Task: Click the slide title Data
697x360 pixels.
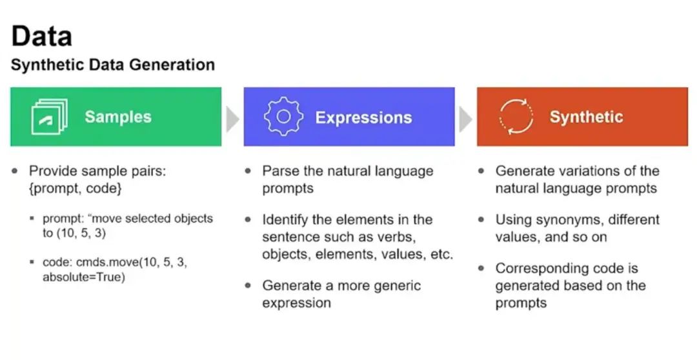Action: click(41, 36)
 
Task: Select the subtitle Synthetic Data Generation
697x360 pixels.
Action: click(113, 65)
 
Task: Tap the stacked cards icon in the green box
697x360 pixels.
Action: click(50, 117)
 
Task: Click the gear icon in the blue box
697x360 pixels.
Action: click(283, 117)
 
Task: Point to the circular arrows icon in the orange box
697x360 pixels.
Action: click(516, 117)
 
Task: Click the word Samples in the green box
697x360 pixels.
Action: click(118, 117)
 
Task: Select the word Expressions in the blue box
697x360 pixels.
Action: click(363, 117)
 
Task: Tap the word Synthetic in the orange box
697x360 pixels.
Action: click(586, 117)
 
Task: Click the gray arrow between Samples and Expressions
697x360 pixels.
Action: click(232, 117)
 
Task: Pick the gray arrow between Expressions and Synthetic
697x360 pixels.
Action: click(465, 117)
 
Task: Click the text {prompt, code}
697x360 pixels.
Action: click(75, 189)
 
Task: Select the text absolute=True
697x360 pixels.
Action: click(83, 277)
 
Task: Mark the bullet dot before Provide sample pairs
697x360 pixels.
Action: click(15, 172)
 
